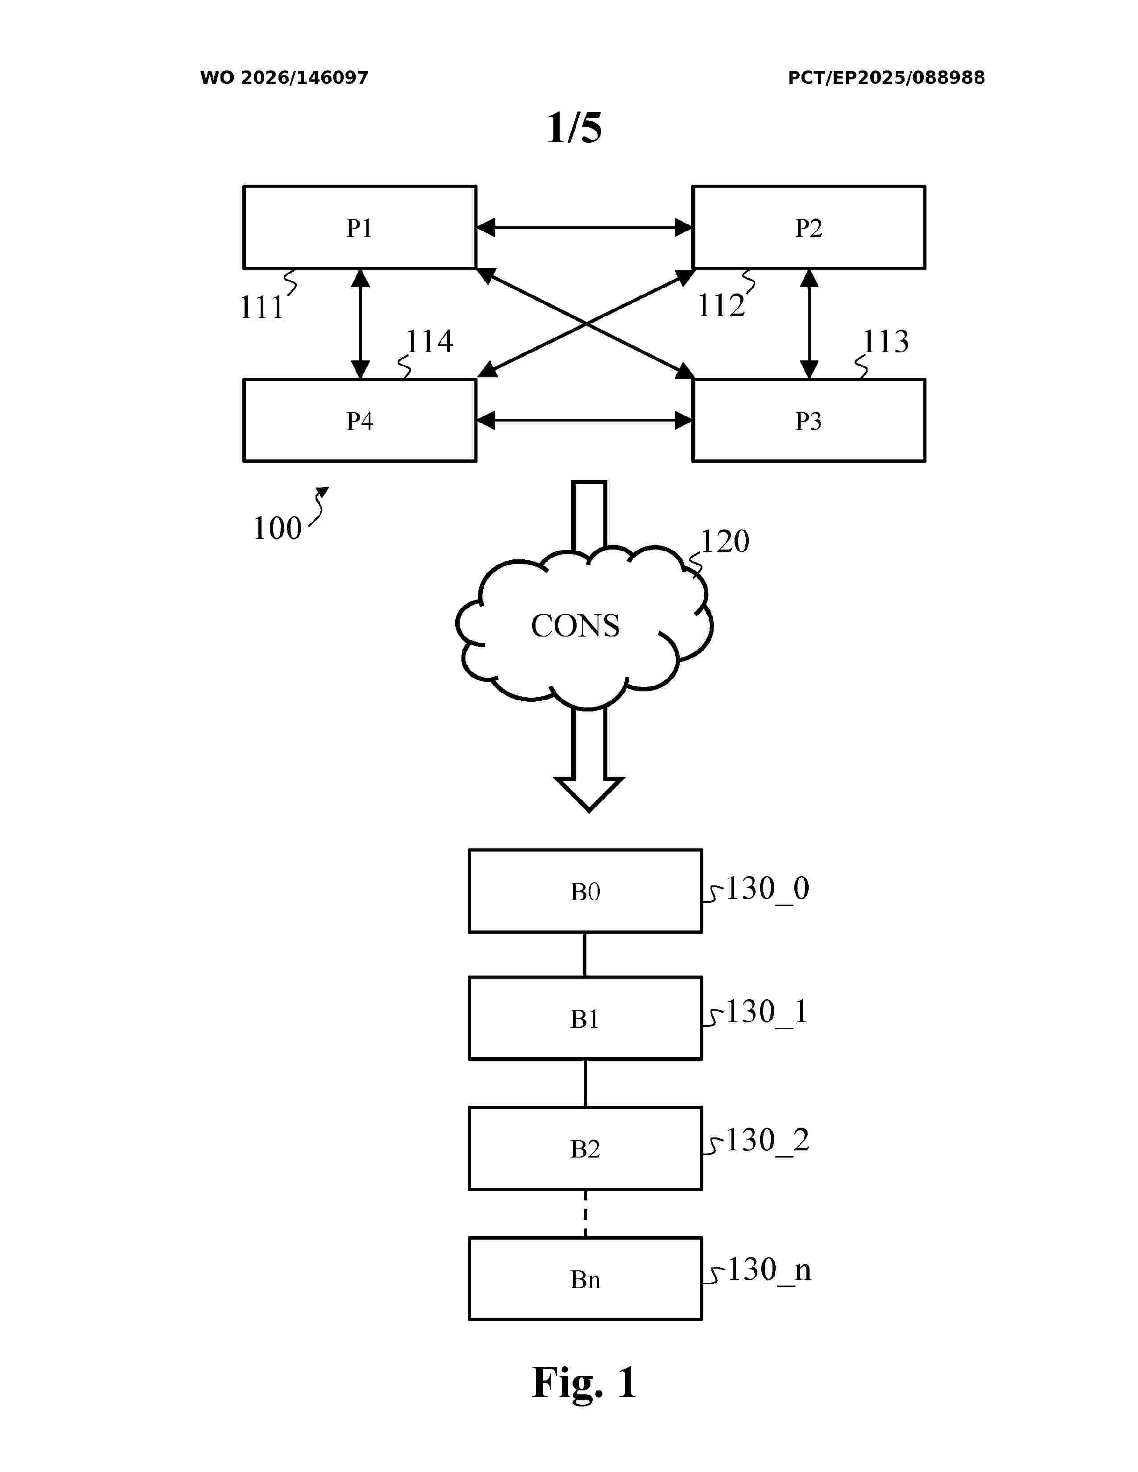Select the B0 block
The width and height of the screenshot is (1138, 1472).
pyautogui.click(x=585, y=891)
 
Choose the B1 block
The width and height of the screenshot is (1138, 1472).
pyautogui.click(x=585, y=1018)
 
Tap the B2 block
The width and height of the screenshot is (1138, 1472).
pyautogui.click(x=585, y=1148)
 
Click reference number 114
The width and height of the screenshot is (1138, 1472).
pyautogui.click(x=429, y=341)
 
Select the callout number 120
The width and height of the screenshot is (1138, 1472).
pyautogui.click(x=725, y=541)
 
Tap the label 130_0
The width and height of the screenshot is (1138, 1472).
pyautogui.click(x=767, y=888)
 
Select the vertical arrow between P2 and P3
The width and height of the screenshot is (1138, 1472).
pyautogui.click(x=809, y=323)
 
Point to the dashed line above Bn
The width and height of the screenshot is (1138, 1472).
pyautogui.click(x=585, y=1213)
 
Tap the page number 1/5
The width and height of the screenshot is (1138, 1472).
pyautogui.click(x=574, y=128)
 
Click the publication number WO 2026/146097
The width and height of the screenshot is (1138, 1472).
pyautogui.click(x=284, y=78)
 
